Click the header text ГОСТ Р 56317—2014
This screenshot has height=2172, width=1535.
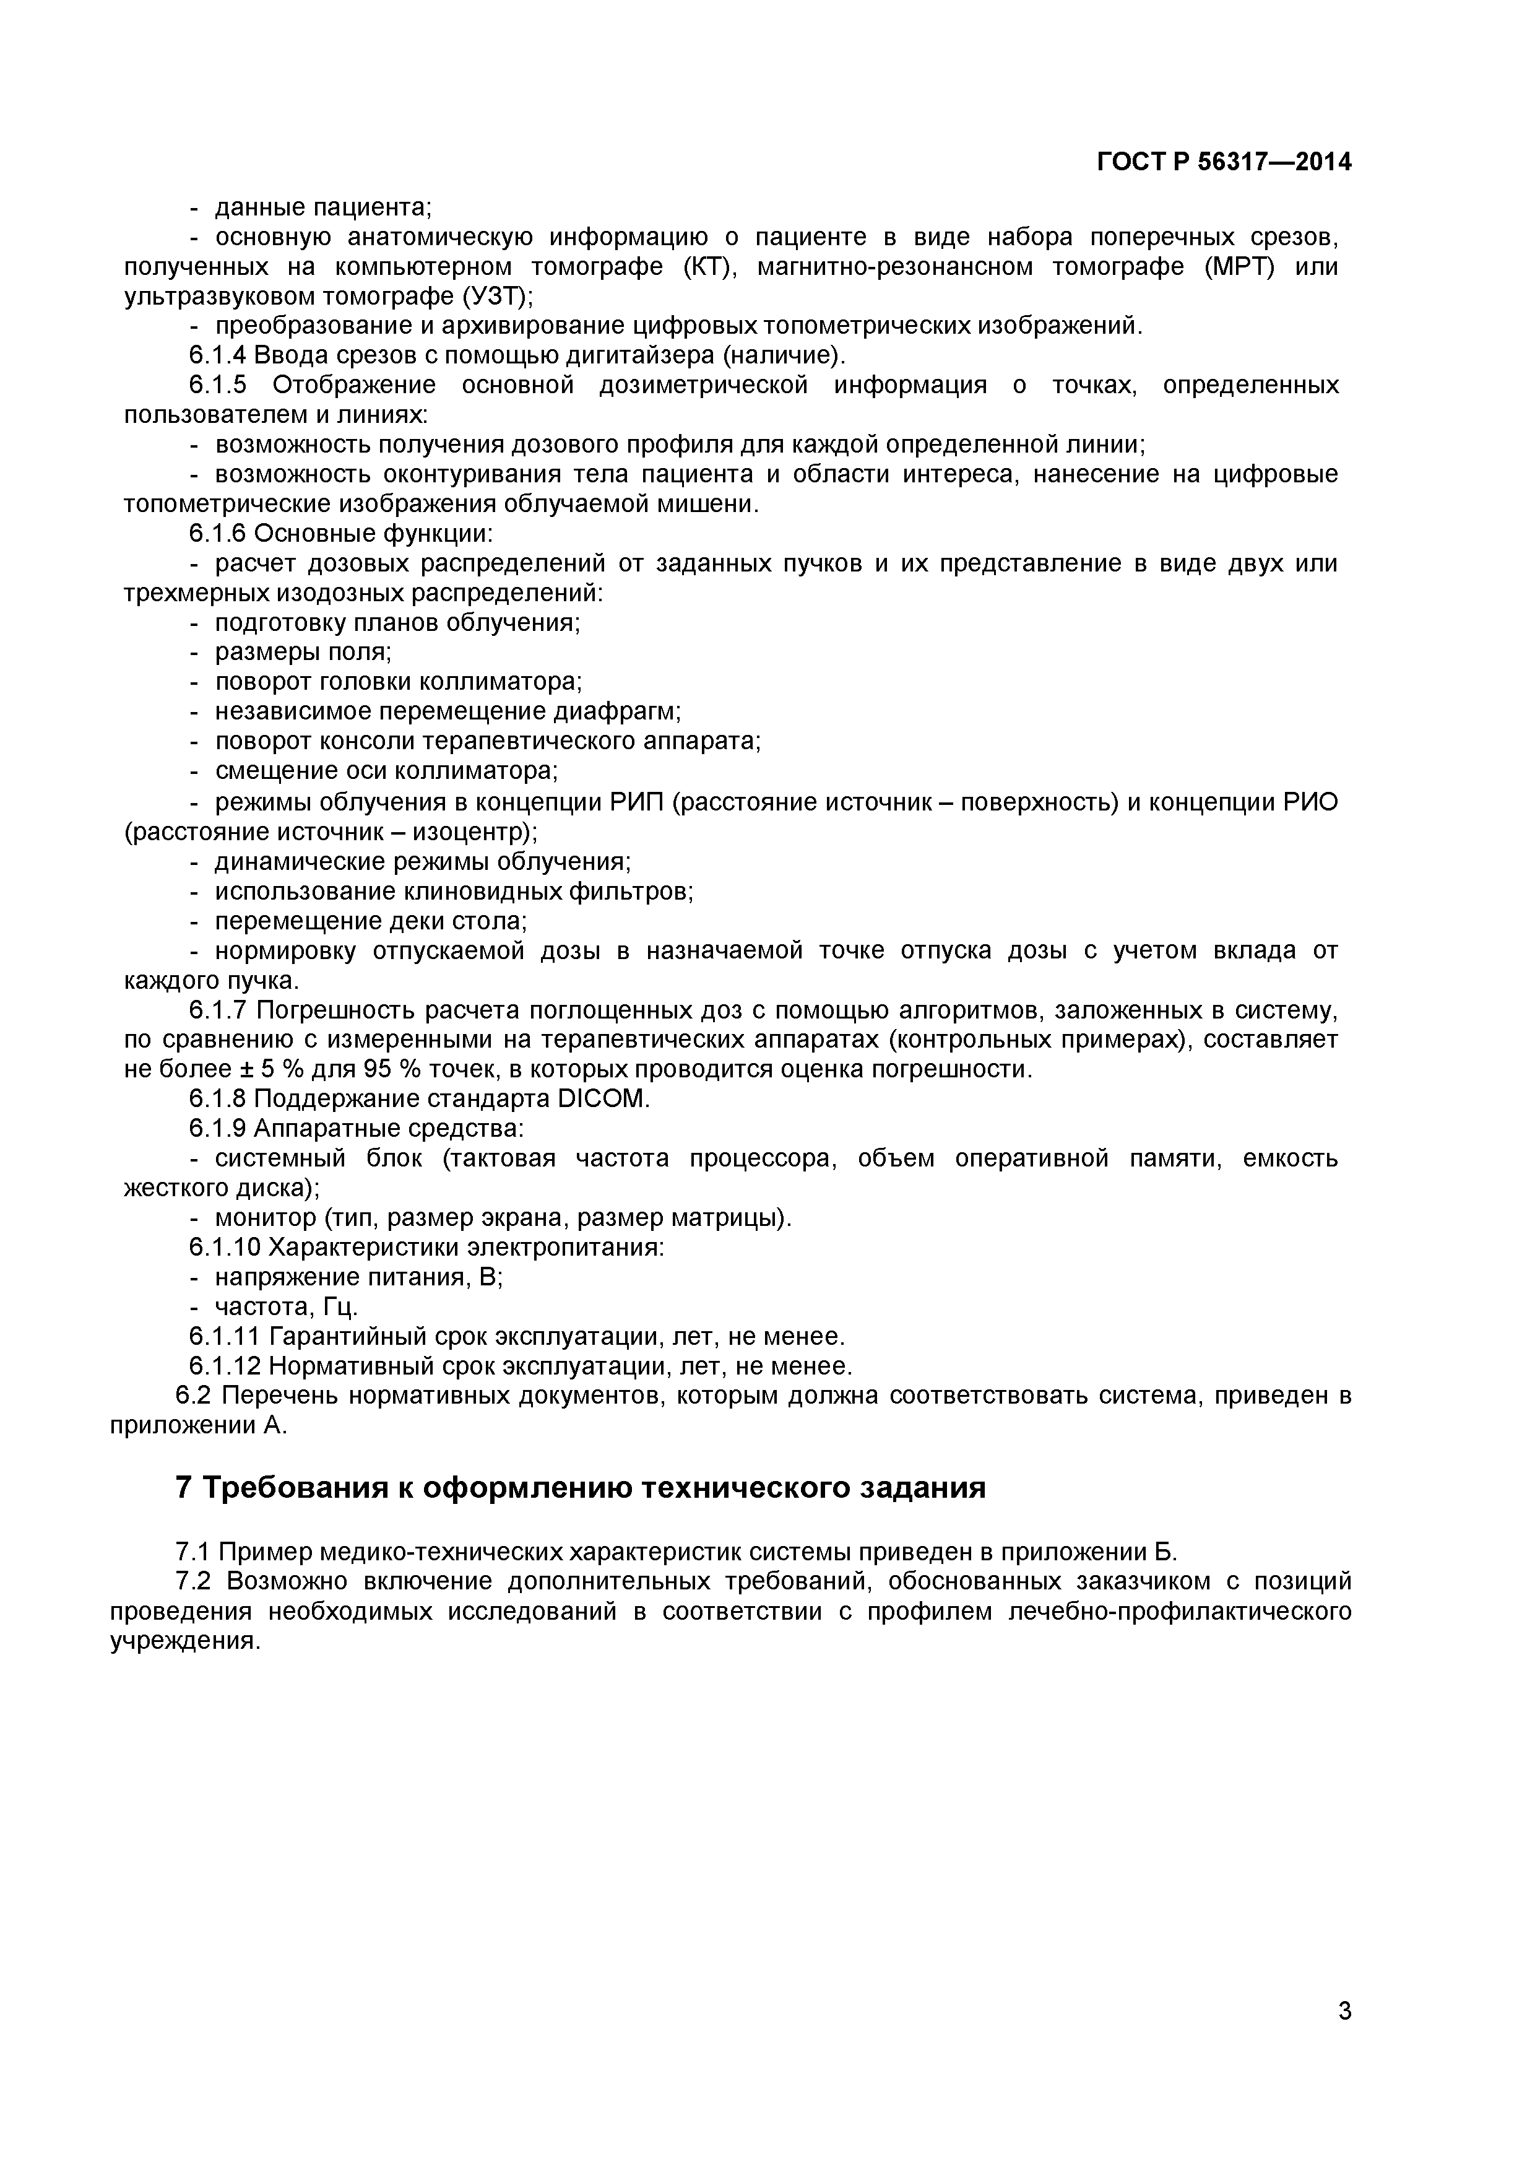point(1224,163)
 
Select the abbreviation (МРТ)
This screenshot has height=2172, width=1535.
point(1239,267)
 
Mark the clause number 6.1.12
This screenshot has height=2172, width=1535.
point(224,1367)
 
